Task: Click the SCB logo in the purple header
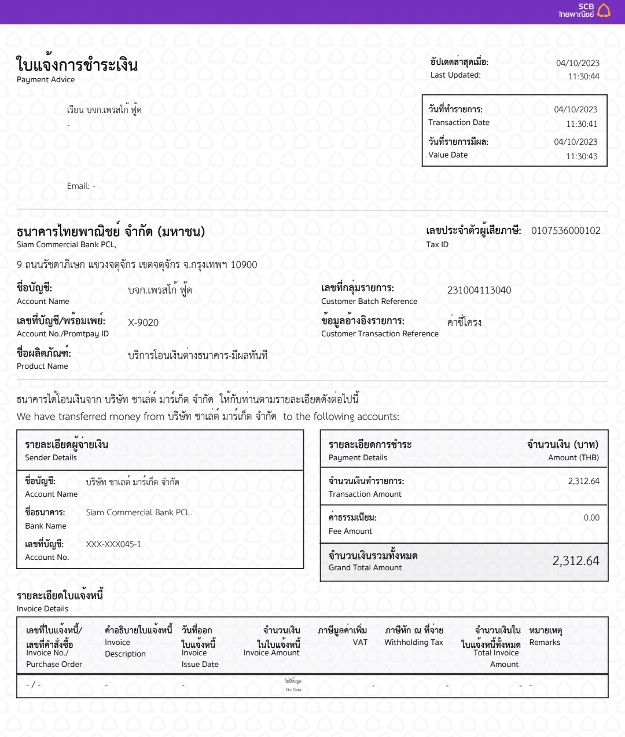point(584,10)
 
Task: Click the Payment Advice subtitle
point(46,80)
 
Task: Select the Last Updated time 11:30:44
point(583,76)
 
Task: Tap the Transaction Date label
point(458,122)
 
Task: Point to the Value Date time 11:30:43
point(582,156)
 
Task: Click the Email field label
point(78,186)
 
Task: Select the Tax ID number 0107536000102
point(565,230)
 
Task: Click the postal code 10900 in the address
point(244,265)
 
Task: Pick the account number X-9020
point(143,322)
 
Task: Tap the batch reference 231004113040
point(479,290)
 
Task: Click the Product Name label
point(42,366)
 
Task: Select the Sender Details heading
point(51,457)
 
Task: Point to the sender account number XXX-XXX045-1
point(113,544)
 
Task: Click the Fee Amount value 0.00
point(591,518)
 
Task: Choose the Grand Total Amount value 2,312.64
point(575,560)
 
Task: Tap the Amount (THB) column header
point(573,457)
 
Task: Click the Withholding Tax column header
point(413,642)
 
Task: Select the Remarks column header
point(545,642)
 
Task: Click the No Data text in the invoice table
point(293,690)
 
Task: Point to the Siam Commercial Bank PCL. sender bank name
point(139,512)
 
